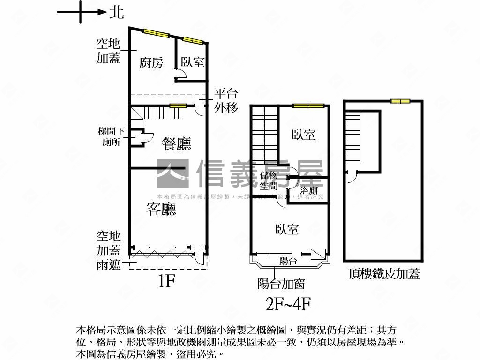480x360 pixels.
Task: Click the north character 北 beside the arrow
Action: tap(117, 12)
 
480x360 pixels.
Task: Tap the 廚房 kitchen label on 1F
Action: tap(151, 62)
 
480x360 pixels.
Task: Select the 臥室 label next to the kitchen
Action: tap(193, 62)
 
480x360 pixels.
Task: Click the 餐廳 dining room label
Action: tap(176, 143)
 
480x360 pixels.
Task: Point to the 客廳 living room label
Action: tap(161, 209)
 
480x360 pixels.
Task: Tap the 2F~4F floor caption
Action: tap(288, 304)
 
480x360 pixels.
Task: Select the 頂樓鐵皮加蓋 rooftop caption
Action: tap(384, 274)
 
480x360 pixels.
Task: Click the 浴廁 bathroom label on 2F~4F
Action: tap(309, 190)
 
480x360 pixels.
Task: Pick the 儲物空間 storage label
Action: tap(269, 180)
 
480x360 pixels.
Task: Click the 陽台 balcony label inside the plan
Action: tap(288, 261)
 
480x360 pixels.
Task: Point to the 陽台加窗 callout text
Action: tap(281, 284)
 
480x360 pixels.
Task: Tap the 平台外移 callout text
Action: tap(226, 100)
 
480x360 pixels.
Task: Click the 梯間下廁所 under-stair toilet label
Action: tap(111, 136)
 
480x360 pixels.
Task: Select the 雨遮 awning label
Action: tap(109, 264)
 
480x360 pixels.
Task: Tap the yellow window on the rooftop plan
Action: tap(400, 101)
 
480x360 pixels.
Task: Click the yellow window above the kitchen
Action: tap(156, 33)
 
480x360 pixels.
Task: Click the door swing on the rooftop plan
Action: tap(351, 177)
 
